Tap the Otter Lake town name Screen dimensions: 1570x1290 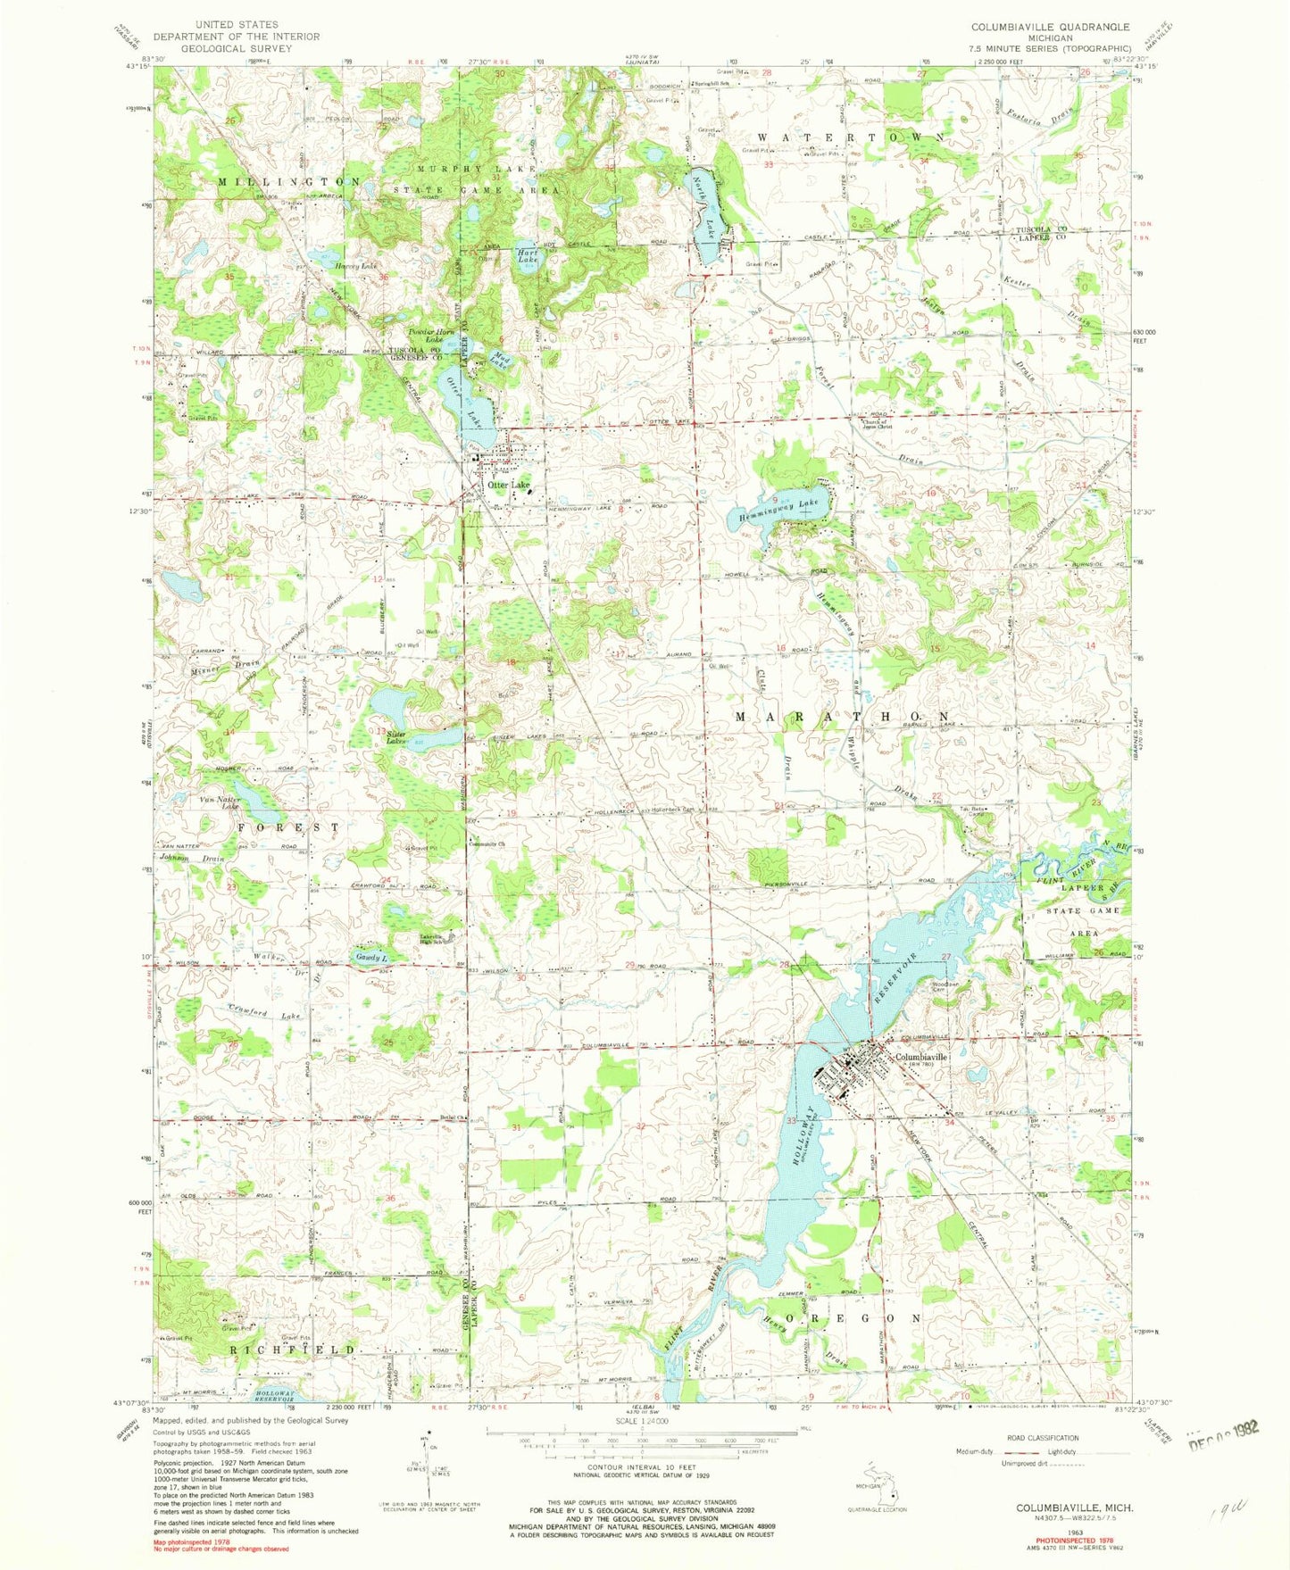[x=509, y=485]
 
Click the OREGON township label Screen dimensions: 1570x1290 [x=853, y=1317]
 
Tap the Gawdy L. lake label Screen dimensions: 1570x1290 [x=370, y=955]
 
